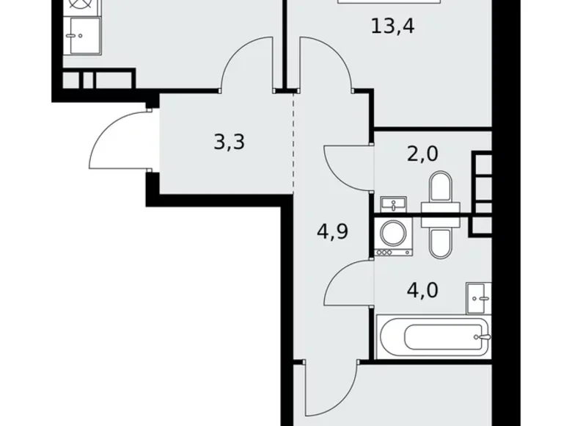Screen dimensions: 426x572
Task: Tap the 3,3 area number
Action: coord(229,141)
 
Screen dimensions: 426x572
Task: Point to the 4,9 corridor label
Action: coord(332,233)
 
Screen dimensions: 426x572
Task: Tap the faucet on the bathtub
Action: coord(481,338)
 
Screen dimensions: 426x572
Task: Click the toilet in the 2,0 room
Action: coord(442,188)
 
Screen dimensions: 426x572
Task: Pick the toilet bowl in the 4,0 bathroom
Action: coord(442,239)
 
